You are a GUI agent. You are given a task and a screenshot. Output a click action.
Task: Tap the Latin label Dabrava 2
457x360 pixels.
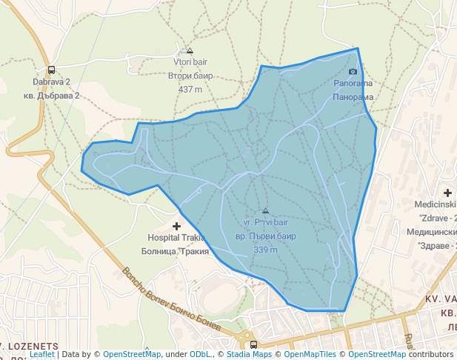coord(51,81)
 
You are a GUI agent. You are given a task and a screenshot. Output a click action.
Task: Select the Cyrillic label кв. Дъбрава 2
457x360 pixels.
coord(51,96)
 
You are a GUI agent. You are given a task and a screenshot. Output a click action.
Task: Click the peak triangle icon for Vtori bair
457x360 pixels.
coord(190,51)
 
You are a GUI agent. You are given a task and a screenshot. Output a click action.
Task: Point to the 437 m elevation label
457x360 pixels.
coord(190,90)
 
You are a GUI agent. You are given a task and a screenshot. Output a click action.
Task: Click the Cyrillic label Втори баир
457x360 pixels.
coord(190,76)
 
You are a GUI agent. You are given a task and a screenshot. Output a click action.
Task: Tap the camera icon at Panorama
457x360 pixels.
coord(353,72)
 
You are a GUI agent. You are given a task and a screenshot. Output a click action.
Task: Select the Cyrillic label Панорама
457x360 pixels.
coord(353,97)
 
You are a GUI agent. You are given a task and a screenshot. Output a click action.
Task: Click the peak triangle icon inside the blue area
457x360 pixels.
coord(266,211)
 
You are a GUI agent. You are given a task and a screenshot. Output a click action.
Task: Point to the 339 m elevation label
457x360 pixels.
coord(265,250)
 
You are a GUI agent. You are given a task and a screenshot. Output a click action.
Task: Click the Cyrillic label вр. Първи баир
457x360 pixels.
coord(265,236)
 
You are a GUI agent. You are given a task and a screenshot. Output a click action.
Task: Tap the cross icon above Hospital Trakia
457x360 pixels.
coord(176,225)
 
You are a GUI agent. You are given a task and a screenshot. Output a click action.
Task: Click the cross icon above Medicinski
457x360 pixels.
coord(447,193)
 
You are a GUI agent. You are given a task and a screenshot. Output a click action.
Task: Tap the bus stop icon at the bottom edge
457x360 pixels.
coord(254,344)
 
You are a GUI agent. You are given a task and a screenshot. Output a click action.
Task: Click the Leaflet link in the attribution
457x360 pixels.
coord(42,354)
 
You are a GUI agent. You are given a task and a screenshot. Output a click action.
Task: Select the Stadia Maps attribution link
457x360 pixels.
coord(249,354)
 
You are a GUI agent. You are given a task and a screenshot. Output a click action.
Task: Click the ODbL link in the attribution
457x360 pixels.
coord(201,354)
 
